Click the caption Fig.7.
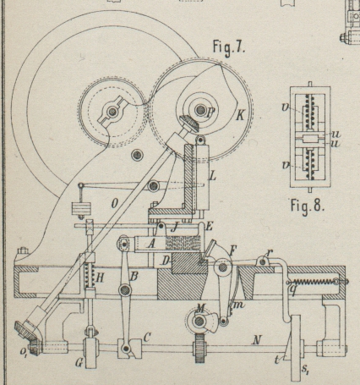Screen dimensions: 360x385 (229, 47)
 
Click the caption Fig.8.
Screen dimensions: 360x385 (308, 205)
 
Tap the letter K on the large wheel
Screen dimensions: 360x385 (240, 115)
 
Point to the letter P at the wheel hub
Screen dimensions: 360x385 (210, 113)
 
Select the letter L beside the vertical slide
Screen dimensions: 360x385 (213, 177)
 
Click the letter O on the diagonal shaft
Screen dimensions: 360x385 (114, 204)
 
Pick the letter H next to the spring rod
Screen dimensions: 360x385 (101, 278)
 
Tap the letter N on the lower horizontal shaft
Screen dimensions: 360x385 (256, 340)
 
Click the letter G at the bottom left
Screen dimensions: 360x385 (79, 363)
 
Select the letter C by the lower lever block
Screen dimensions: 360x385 (147, 338)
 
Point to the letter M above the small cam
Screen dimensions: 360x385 (200, 308)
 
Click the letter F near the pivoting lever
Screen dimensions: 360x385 (233, 250)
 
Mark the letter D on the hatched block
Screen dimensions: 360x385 (166, 261)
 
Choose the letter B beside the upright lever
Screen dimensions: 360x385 (134, 277)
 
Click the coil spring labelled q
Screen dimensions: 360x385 (314, 282)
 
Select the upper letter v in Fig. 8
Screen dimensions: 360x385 (286, 107)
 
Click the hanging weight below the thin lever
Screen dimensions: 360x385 (81, 209)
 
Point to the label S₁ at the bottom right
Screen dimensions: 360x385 (304, 369)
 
